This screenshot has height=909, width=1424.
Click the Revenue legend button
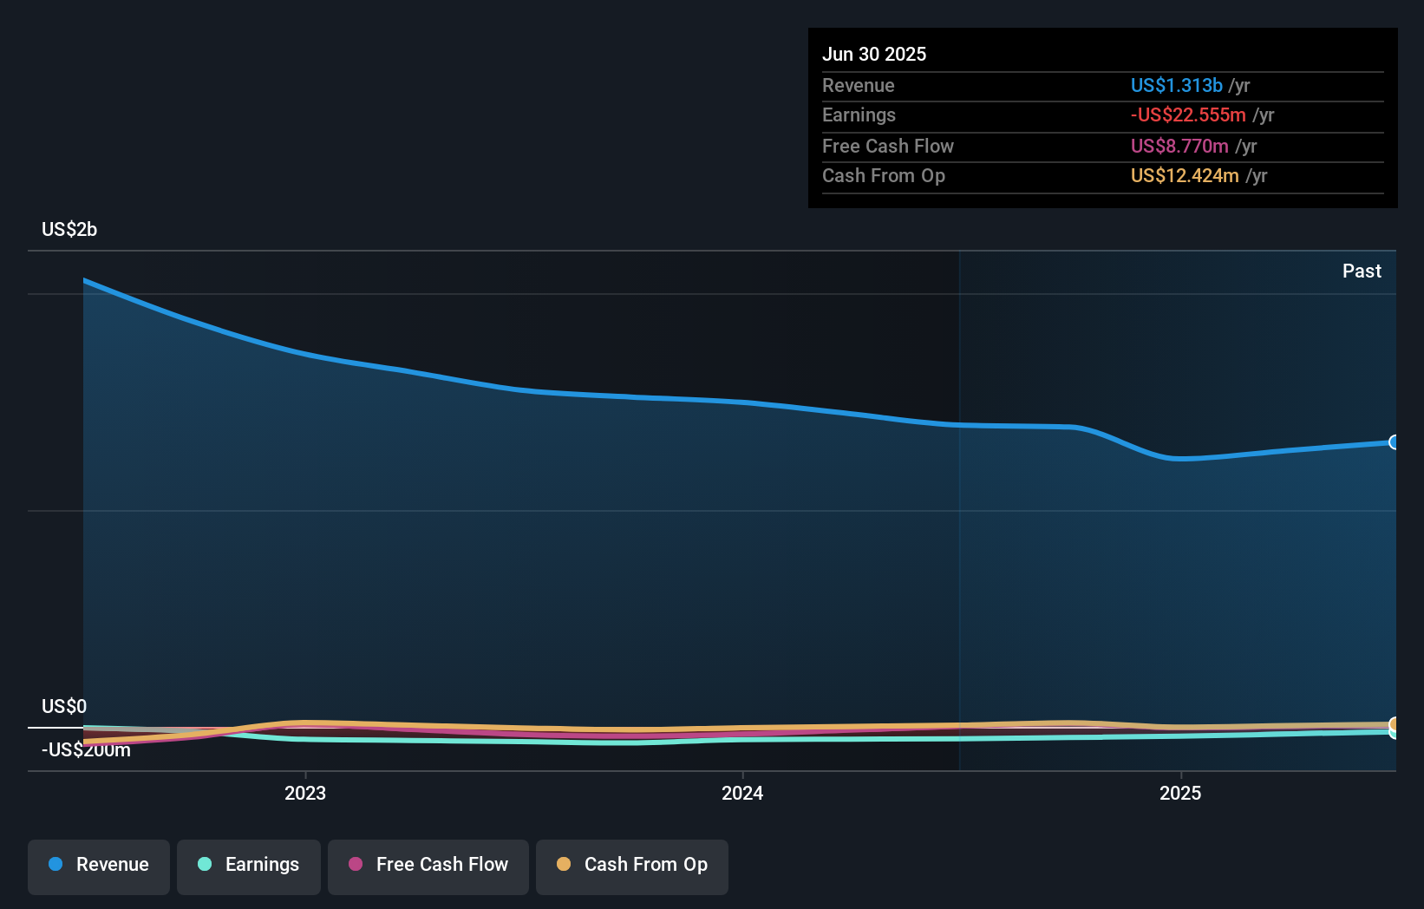coord(99,866)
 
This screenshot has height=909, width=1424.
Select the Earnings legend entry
coord(249,866)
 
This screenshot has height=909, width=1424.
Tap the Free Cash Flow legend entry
coord(428,866)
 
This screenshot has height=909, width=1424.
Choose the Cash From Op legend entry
coord(632,866)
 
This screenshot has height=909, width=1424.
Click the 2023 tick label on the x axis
coord(305,793)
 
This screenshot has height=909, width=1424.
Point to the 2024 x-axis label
coord(742,793)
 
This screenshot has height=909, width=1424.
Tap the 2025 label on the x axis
coord(1180,793)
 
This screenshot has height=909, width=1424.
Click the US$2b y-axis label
coord(69,230)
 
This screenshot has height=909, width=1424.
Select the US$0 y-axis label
coord(64,706)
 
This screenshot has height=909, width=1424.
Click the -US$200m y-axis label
coord(87,750)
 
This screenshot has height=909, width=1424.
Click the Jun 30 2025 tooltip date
coord(874,55)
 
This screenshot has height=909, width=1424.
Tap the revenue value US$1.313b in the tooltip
coord(1176,86)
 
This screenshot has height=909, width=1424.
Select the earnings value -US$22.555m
coord(1188,115)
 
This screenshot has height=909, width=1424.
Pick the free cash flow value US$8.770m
coord(1179,147)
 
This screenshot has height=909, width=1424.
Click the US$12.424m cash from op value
coord(1185,176)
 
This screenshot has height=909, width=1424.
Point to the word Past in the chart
coord(1362,271)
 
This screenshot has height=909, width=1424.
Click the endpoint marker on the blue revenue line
coord(1394,442)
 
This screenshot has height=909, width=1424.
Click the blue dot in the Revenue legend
coord(56,865)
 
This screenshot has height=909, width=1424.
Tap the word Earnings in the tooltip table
coord(859,115)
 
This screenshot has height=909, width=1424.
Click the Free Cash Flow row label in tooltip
coord(887,147)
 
